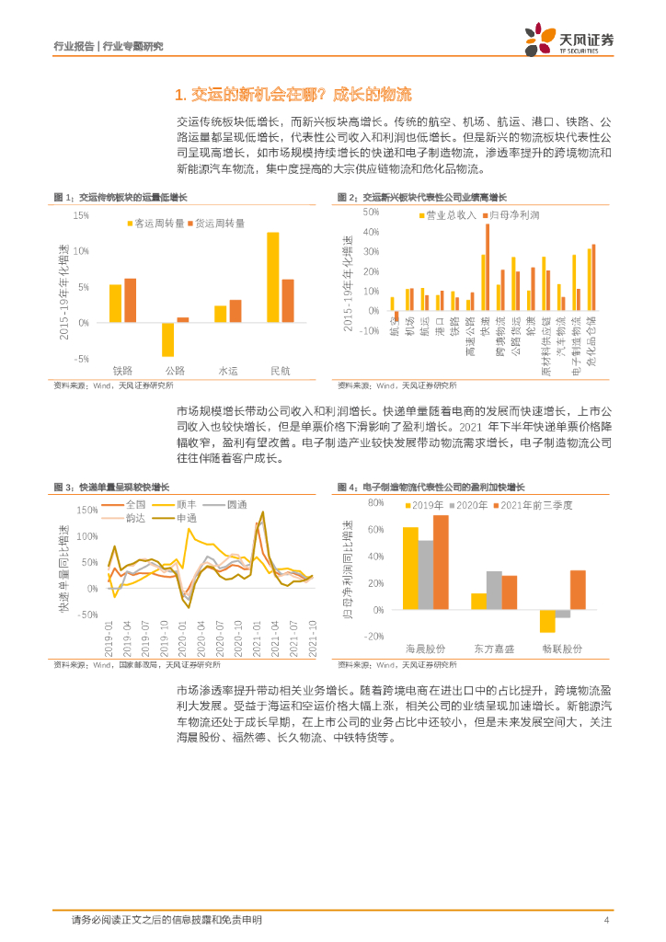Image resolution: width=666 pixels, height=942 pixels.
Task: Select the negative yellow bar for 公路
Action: click(x=167, y=339)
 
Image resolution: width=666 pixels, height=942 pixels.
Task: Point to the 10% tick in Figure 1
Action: click(x=81, y=251)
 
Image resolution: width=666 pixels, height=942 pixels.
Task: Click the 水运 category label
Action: click(x=227, y=370)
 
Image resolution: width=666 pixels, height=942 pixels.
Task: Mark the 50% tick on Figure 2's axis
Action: click(x=372, y=212)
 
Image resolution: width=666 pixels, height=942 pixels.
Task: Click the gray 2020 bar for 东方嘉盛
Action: click(x=494, y=590)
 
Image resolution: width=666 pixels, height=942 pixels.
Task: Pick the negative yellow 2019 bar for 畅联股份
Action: click(x=547, y=621)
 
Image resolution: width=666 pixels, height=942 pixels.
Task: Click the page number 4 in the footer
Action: click(x=607, y=920)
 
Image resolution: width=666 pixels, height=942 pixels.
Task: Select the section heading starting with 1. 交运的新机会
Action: click(x=292, y=94)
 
